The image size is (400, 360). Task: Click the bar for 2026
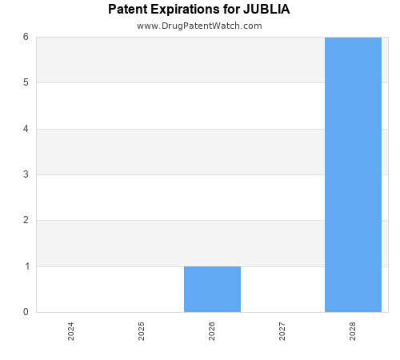[212, 289]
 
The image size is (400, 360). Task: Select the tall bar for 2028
[353, 174]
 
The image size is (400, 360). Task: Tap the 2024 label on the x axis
[71, 331]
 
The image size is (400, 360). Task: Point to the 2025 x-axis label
[142, 331]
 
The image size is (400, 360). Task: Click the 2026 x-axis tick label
[212, 331]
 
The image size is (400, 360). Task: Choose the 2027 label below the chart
[282, 331]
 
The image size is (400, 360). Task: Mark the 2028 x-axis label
[353, 331]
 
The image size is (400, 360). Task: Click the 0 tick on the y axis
[26, 312]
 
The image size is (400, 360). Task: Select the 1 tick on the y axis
[26, 266]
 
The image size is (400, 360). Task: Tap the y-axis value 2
[26, 220]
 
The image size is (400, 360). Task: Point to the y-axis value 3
[26, 174]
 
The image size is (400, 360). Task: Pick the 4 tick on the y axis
[26, 129]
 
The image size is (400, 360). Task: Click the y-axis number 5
[26, 82]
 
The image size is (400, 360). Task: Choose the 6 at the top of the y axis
[26, 37]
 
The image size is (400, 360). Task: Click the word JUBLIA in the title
[266, 10]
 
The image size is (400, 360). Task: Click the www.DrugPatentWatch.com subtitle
[199, 26]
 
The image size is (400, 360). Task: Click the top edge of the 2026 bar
[212, 266]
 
